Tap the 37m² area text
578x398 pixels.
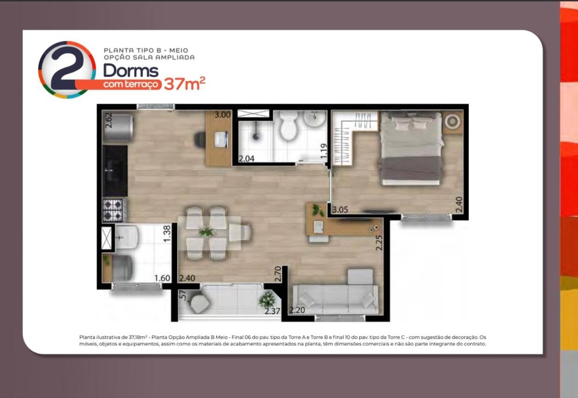tap(184, 84)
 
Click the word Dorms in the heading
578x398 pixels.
tap(131, 70)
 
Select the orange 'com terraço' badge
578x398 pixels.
tap(131, 84)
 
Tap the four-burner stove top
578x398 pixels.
tap(114, 210)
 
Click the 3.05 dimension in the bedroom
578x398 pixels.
tap(340, 210)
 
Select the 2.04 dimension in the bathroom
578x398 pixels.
tap(246, 159)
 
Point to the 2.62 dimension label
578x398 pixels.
tap(109, 120)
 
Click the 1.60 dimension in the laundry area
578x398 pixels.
tap(162, 278)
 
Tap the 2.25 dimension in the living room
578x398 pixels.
tap(379, 243)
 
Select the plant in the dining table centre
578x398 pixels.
tap(208, 232)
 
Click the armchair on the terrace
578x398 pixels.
tap(199, 303)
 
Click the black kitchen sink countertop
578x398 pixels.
tap(115, 170)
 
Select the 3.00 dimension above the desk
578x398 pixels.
tap(223, 114)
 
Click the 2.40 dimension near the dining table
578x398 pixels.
tap(187, 278)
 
